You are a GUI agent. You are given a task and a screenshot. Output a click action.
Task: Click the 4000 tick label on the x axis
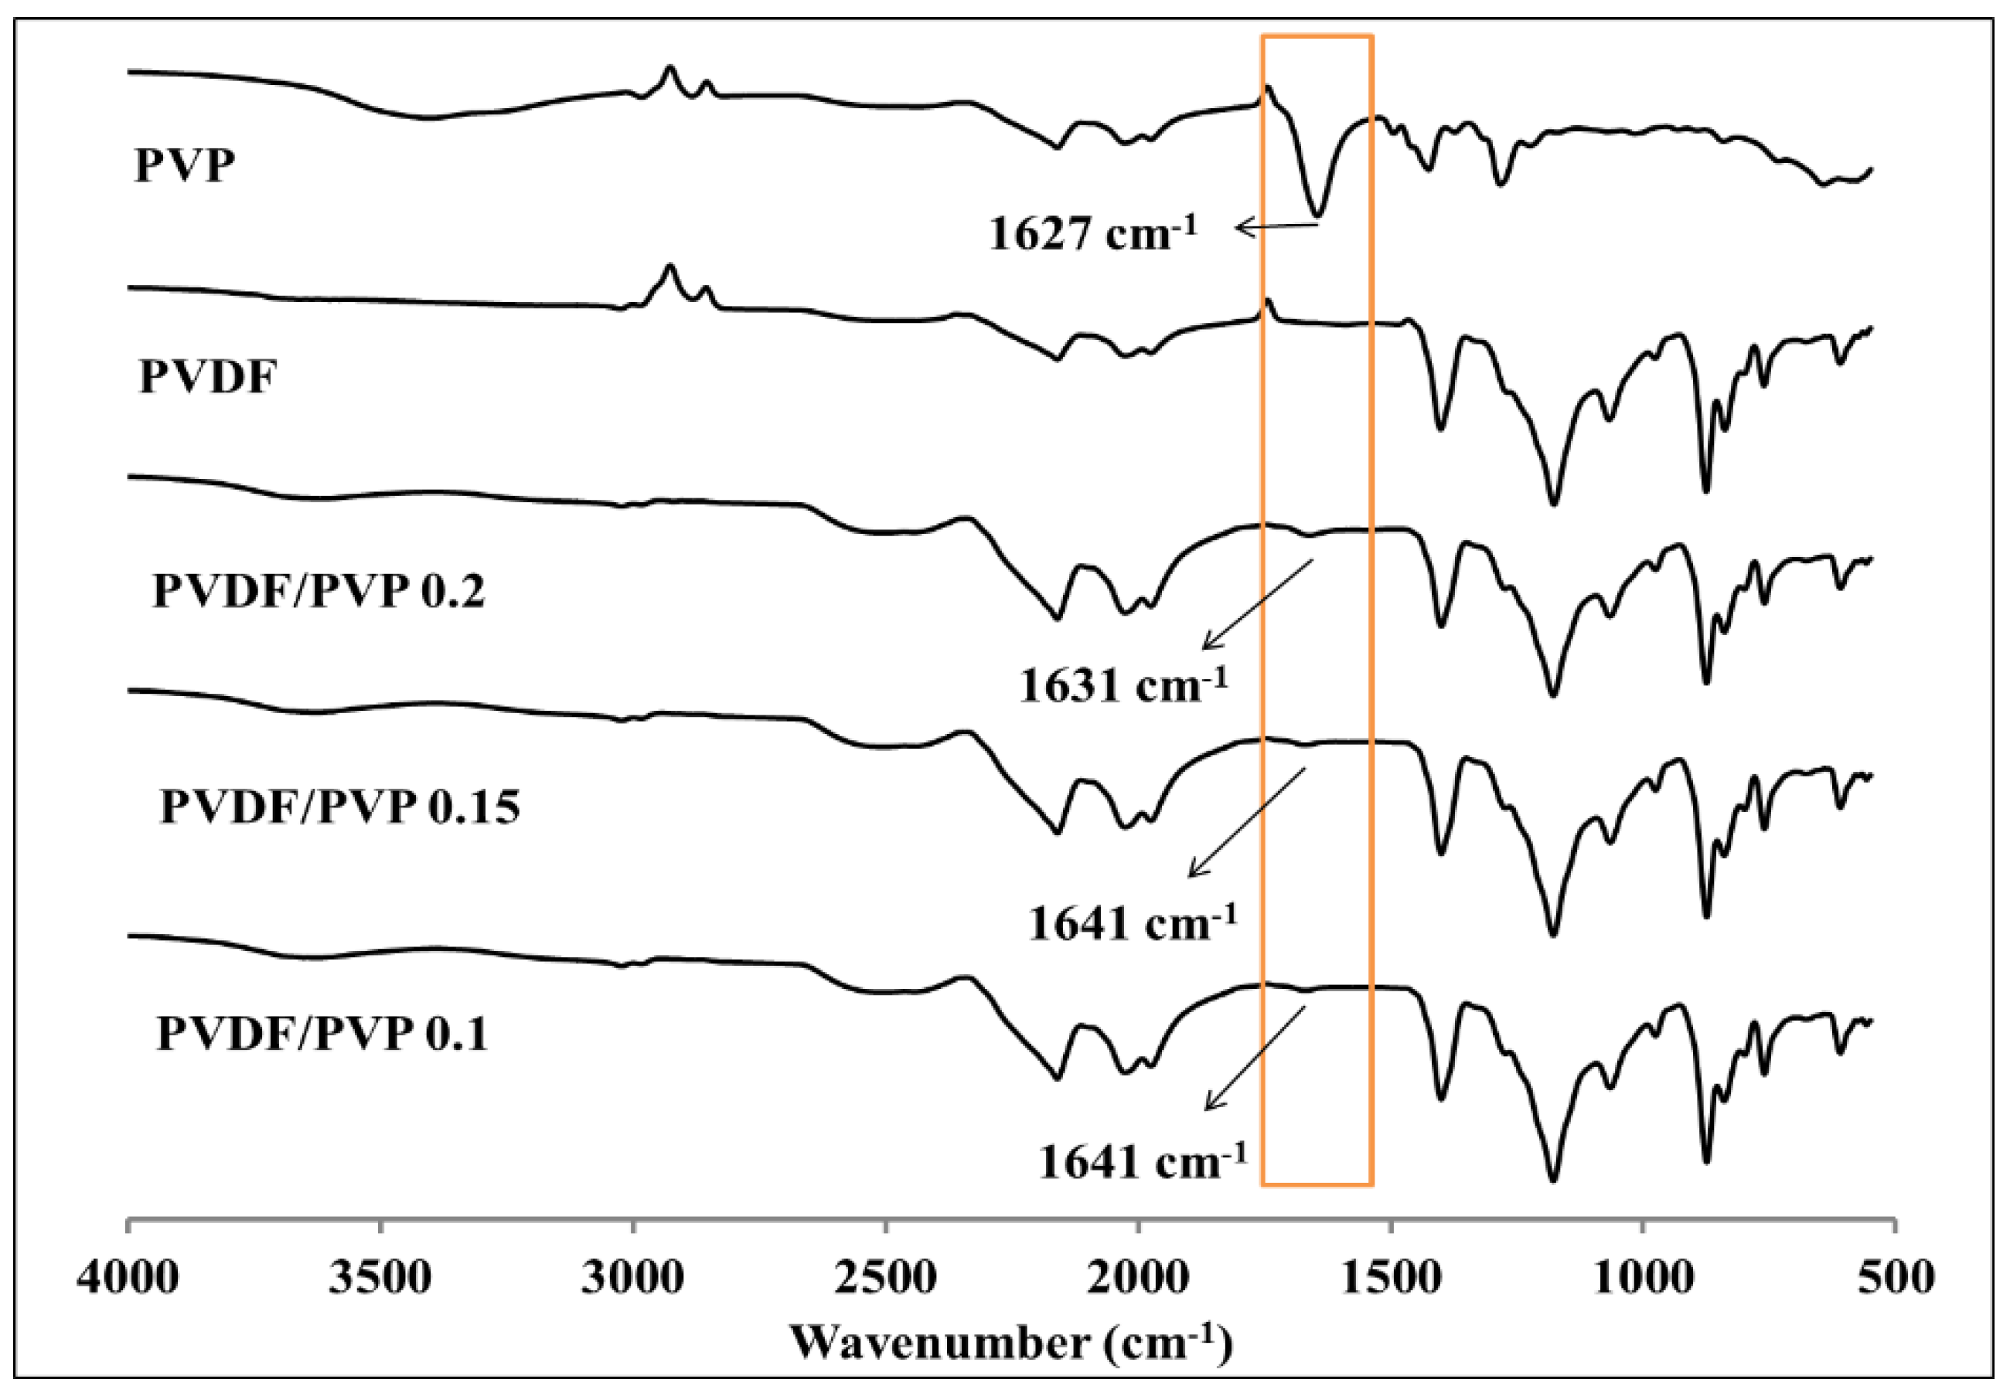pyautogui.click(x=128, y=1279)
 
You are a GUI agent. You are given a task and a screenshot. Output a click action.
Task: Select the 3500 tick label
pyautogui.click(x=380, y=1279)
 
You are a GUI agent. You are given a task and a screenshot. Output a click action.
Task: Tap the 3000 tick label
pyautogui.click(x=633, y=1279)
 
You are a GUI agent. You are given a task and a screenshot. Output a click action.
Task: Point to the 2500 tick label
pyautogui.click(x=885, y=1279)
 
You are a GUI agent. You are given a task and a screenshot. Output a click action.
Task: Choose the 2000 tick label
pyautogui.click(x=1138, y=1279)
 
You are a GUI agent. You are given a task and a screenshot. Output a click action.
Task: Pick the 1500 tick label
pyautogui.click(x=1390, y=1279)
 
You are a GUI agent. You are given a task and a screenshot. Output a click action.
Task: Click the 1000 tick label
pyautogui.click(x=1643, y=1279)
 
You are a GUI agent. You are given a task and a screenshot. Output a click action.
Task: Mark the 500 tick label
pyautogui.click(x=1896, y=1279)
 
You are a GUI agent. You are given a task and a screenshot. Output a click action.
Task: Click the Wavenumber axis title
pyautogui.click(x=1011, y=1344)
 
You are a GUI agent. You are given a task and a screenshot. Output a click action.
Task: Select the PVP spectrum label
pyautogui.click(x=184, y=165)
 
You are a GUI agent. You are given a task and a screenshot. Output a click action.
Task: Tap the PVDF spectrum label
pyautogui.click(x=208, y=377)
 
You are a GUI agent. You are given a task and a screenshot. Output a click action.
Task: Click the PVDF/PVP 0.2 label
pyautogui.click(x=319, y=591)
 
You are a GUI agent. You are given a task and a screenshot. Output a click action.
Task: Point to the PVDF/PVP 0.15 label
pyautogui.click(x=339, y=806)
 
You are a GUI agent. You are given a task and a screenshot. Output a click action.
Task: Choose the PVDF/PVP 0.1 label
pyautogui.click(x=322, y=1035)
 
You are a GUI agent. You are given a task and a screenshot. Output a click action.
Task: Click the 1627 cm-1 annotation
pyautogui.click(x=1092, y=233)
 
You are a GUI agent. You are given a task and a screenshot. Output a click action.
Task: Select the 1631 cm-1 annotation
pyautogui.click(x=1123, y=685)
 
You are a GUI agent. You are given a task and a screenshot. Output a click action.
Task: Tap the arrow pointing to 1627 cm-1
pyautogui.click(x=1276, y=227)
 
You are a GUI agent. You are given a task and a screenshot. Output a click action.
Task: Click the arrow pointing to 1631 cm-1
pyautogui.click(x=1257, y=605)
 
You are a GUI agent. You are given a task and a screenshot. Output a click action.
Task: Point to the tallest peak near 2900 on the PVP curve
pyautogui.click(x=669, y=67)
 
